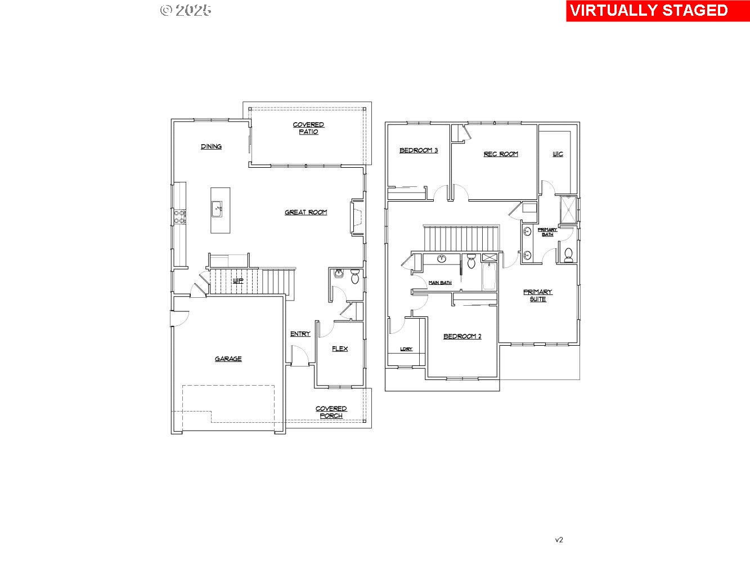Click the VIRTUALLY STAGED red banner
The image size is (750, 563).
point(657,11)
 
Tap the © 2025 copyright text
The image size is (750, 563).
point(186,10)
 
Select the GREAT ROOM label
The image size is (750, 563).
point(306,212)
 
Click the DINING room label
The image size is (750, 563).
point(211,146)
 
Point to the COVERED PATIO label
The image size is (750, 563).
point(308,128)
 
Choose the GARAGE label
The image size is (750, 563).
point(228,359)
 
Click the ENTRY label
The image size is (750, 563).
point(300,334)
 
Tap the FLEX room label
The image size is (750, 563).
point(339,348)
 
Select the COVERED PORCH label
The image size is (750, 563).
point(331,412)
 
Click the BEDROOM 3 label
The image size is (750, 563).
point(419,150)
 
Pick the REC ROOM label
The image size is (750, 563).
point(501,154)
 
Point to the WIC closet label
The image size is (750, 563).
point(558,154)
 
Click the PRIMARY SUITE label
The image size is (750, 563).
point(538,296)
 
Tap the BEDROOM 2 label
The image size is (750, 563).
point(462,336)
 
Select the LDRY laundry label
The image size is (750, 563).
point(406,349)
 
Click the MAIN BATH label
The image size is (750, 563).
point(440,283)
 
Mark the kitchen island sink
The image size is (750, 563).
point(217,209)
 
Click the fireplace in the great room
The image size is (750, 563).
point(357,216)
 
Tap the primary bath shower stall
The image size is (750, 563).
point(568,209)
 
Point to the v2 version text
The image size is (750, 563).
point(559,540)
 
